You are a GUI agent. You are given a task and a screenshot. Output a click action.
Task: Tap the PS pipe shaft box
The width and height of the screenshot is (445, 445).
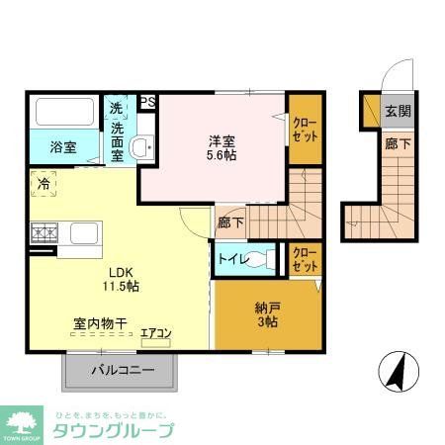click(146, 102)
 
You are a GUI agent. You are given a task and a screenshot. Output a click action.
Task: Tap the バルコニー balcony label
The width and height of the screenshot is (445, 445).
click(123, 371)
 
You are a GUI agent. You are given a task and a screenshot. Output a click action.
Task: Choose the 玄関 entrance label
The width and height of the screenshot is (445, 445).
click(399, 111)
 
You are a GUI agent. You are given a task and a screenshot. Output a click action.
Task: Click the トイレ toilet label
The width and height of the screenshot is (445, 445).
click(232, 259)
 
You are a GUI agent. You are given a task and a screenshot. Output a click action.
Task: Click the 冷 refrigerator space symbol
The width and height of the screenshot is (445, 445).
click(43, 184)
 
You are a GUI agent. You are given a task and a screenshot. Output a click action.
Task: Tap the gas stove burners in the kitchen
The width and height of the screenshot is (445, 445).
click(44, 235)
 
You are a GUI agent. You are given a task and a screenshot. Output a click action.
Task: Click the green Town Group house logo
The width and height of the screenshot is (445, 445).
click(22, 420)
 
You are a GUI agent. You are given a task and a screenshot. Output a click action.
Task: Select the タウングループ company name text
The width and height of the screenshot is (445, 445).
click(115, 429)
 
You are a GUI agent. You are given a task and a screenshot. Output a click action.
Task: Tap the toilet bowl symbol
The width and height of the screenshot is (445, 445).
click(268, 259)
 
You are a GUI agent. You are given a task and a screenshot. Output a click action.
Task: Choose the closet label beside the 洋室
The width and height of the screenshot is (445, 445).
click(305, 129)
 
